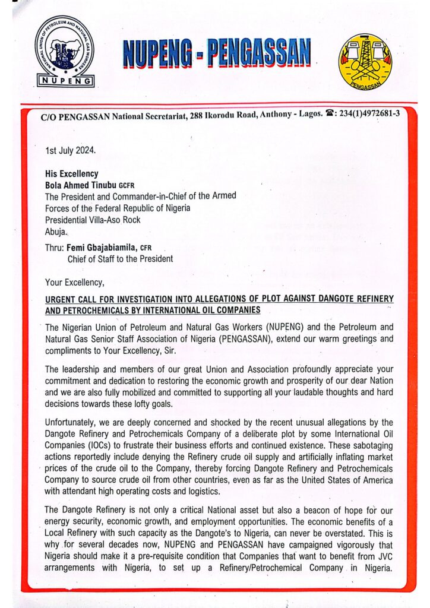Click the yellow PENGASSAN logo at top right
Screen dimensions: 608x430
365,62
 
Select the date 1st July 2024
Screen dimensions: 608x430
70,150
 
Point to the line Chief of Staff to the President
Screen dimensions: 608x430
119,258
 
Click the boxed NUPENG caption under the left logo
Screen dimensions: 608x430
64,81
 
